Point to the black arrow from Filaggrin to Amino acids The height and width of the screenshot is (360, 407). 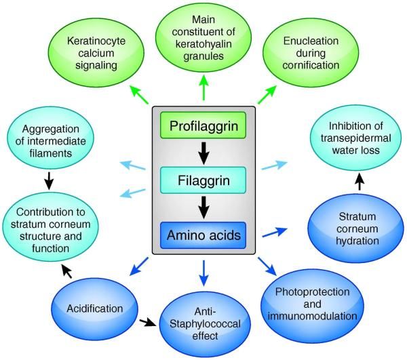[203, 208]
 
